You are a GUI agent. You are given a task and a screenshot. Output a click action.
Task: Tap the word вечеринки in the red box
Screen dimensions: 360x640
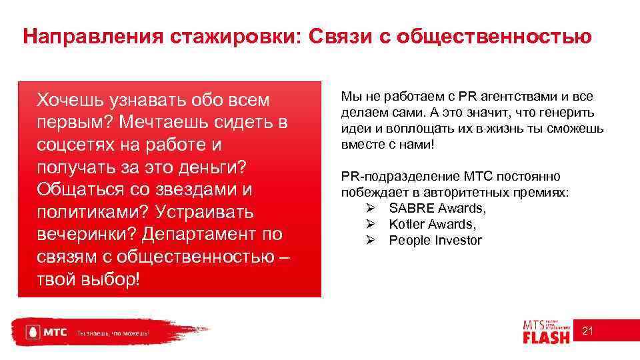coord(85,235)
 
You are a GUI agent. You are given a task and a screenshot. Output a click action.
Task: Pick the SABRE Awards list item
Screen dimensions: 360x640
coord(437,209)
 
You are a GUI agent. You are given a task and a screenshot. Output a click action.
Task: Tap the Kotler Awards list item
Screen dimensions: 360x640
coord(432,225)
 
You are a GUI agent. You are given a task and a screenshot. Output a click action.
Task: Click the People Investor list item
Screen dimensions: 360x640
coord(435,241)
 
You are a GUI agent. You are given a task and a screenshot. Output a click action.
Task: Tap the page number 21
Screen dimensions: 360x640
coord(587,331)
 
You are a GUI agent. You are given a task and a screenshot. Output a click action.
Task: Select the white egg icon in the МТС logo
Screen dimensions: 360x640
coord(30,332)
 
